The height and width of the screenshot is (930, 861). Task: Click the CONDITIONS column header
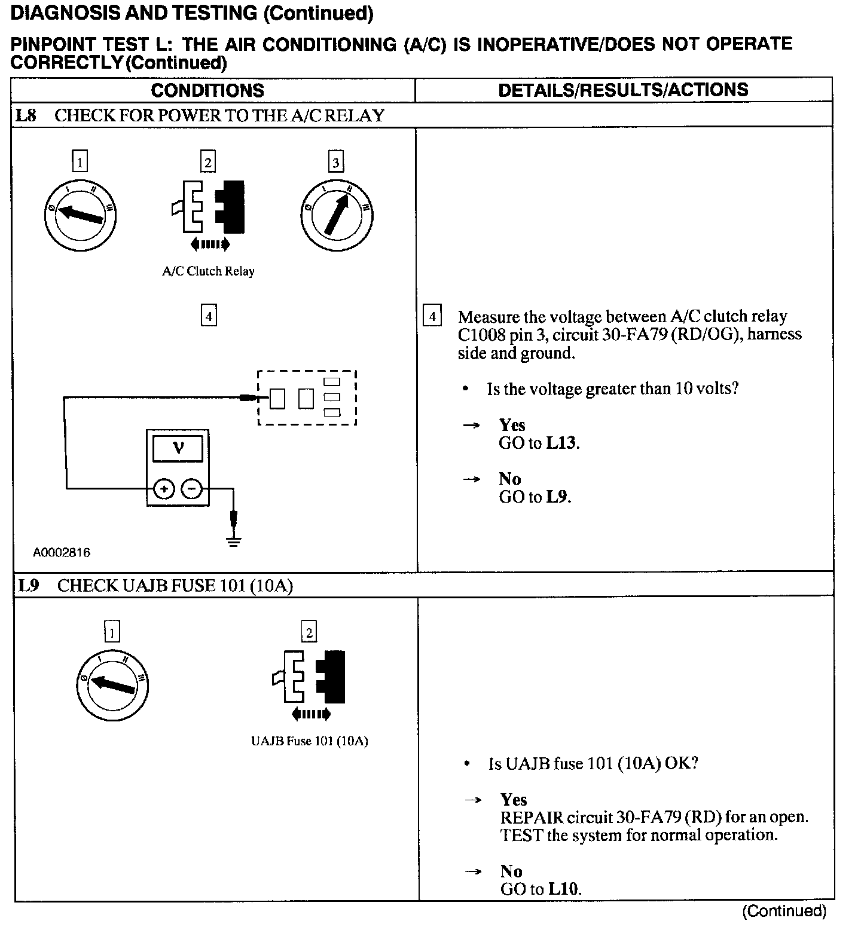(x=207, y=90)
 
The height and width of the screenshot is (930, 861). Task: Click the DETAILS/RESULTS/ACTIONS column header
(x=623, y=90)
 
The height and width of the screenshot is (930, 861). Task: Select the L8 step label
(x=26, y=115)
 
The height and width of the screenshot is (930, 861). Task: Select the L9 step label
(x=28, y=585)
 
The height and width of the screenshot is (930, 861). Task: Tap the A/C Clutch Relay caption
(x=208, y=271)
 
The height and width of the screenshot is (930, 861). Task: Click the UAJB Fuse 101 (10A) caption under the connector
(x=309, y=741)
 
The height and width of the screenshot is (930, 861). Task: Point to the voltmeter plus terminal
(x=164, y=489)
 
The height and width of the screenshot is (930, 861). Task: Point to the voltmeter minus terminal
(x=191, y=489)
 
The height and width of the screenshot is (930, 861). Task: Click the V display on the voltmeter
(x=178, y=448)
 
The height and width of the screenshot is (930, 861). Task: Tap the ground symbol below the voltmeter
(x=234, y=541)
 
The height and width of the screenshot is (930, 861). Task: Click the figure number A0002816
(x=62, y=553)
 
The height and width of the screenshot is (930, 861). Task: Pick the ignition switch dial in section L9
(x=112, y=685)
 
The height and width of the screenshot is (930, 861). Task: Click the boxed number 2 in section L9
(x=309, y=632)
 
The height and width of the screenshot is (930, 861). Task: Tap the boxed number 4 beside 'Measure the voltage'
(x=432, y=315)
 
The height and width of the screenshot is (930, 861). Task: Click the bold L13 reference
(x=561, y=443)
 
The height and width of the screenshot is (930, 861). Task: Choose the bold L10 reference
(x=563, y=889)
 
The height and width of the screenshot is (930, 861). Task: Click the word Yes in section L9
(x=514, y=800)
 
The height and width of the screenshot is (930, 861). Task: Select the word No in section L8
(x=509, y=479)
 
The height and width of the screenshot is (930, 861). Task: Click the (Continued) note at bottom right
(x=784, y=911)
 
